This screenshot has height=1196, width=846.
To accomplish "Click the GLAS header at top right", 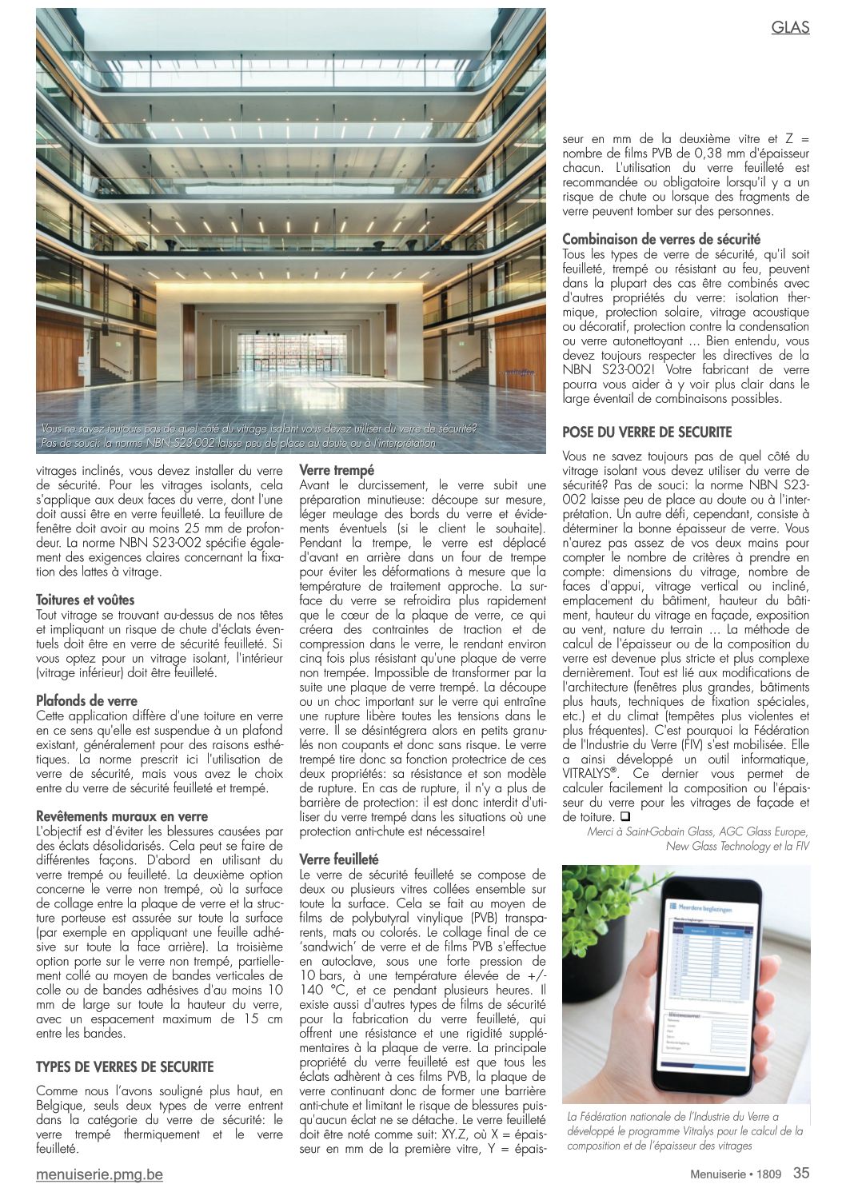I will click(790, 27).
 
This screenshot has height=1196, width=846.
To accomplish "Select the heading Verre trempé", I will click(337, 470).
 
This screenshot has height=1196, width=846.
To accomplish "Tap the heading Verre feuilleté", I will click(339, 859).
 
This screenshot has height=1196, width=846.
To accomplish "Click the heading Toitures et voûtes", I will click(86, 600).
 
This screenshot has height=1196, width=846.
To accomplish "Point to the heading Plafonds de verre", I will click(87, 700).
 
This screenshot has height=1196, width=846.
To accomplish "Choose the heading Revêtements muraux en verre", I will click(122, 816).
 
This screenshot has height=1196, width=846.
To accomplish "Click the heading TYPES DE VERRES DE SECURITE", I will click(125, 1066).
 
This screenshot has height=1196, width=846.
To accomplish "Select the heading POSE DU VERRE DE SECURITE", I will click(647, 432).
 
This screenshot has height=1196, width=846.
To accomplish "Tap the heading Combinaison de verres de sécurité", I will click(661, 239).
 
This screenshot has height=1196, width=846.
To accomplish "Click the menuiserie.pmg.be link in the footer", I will click(99, 1174).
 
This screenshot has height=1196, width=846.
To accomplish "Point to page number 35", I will click(801, 1173).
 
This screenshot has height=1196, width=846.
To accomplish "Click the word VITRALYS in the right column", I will click(593, 774).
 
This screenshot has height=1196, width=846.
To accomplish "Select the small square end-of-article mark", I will click(625, 817).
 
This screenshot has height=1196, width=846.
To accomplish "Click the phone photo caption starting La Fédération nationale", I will click(684, 1130).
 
